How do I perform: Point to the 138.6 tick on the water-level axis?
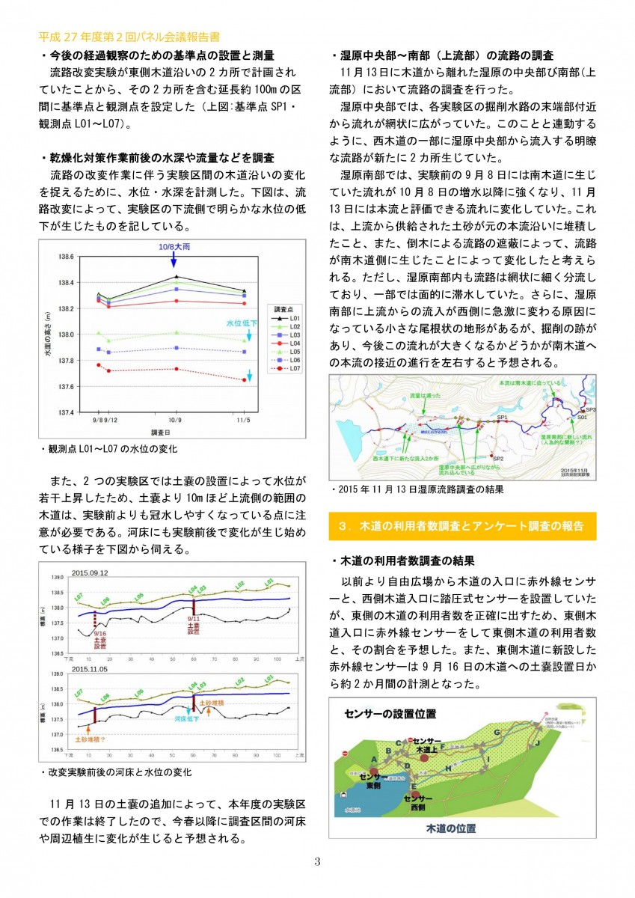[x=65, y=257]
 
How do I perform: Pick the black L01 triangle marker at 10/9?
[x=174, y=276]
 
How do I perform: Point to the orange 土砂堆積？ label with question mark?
[x=93, y=737]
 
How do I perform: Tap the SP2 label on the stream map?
[x=498, y=458]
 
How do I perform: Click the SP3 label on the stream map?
[x=590, y=410]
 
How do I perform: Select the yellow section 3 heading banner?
[x=462, y=525]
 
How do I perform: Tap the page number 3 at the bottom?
[x=317, y=861]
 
